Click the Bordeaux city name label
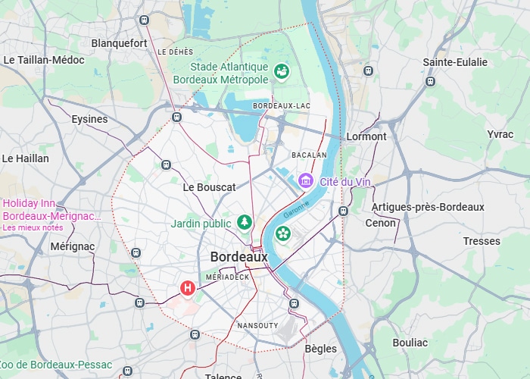[238, 257]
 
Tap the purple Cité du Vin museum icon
[306, 180]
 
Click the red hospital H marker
[187, 288]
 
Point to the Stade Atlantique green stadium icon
[282, 71]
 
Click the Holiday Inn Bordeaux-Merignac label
[51, 209]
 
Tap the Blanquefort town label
[119, 43]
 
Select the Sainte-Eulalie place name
[455, 62]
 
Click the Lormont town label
[366, 136]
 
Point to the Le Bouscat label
[210, 186]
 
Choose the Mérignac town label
[73, 246]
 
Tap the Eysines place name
[89, 119]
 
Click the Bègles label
[320, 349]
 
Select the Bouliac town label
[410, 343]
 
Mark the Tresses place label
[482, 241]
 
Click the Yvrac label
[500, 134]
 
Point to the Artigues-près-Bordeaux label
[428, 207]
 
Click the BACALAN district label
[309, 155]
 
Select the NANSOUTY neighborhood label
[257, 325]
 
